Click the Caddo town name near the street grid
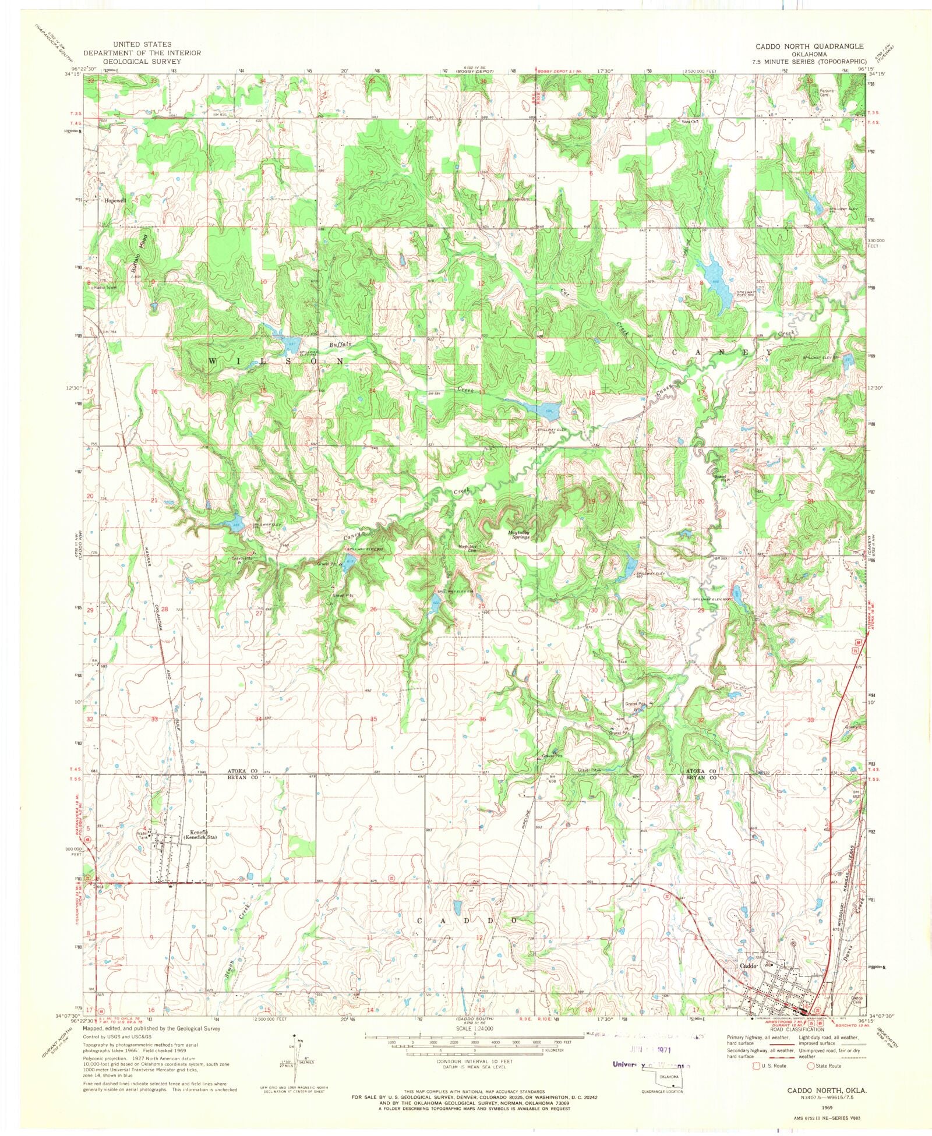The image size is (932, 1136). pos(747,965)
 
